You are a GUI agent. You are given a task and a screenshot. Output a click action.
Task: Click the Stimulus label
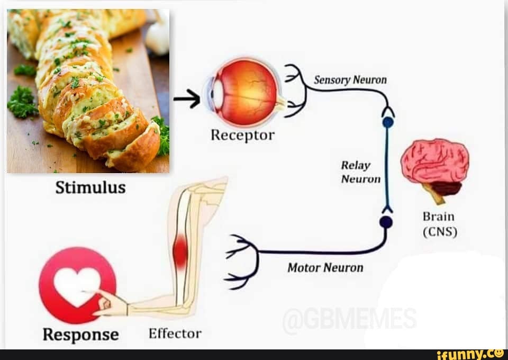tap(91, 188)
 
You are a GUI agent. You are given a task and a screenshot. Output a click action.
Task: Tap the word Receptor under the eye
tap(242, 136)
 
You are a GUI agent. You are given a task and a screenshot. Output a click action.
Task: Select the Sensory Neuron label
tap(350, 80)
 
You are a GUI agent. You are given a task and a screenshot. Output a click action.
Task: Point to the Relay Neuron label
tap(360, 172)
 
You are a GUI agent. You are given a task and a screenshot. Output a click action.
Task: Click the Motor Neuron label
tap(325, 267)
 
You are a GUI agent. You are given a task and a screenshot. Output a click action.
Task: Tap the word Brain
tap(438, 217)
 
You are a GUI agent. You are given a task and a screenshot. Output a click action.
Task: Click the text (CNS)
tap(439, 232)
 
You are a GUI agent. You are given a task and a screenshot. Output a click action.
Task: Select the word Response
tap(81, 335)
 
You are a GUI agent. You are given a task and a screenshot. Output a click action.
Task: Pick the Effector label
tap(175, 334)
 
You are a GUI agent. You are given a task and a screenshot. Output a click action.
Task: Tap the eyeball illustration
tap(244, 92)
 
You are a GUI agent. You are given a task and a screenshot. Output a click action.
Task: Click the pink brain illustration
tap(434, 164)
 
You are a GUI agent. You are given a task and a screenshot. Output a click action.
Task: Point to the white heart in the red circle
tap(76, 285)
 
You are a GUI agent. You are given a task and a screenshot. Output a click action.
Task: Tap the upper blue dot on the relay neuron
tap(388, 122)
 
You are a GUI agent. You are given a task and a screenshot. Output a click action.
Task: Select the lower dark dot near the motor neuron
tap(387, 222)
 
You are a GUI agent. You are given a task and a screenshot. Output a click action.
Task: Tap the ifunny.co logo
tap(469, 354)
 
